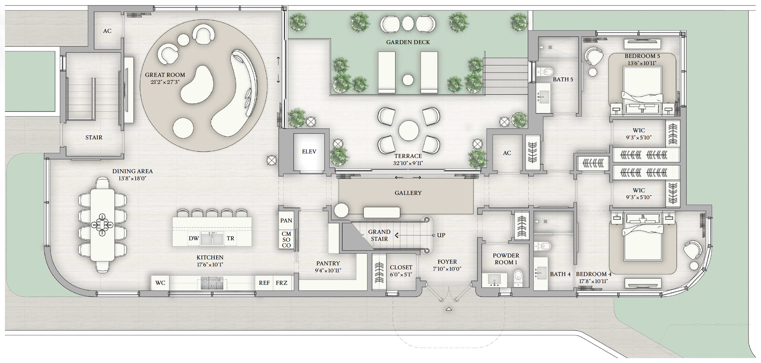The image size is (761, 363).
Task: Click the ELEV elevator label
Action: click(x=309, y=152)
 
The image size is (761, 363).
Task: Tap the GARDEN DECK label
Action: click(x=408, y=43)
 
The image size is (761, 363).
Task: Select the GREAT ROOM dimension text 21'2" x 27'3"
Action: click(x=165, y=82)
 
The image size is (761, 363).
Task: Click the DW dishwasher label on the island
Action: click(x=194, y=239)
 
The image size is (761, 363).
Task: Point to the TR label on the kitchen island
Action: click(x=231, y=239)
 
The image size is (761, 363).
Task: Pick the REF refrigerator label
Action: click(x=264, y=283)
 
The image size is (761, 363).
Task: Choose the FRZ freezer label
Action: click(x=282, y=283)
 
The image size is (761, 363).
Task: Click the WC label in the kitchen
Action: click(x=160, y=283)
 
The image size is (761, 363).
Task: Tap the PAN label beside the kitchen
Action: click(x=286, y=221)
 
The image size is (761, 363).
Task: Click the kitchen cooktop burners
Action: click(x=212, y=283)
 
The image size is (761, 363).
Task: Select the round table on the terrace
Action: click(x=409, y=130)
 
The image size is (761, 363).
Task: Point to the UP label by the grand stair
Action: click(x=441, y=235)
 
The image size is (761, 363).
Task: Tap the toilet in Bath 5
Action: click(x=545, y=72)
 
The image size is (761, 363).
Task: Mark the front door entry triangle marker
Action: click(x=449, y=309)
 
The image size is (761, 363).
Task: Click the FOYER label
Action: click(x=447, y=262)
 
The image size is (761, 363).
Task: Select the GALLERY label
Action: click(x=408, y=193)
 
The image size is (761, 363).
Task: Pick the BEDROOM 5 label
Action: click(x=642, y=56)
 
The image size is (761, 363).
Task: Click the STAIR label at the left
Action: click(x=94, y=137)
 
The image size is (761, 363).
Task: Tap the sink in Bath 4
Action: click(x=540, y=273)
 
